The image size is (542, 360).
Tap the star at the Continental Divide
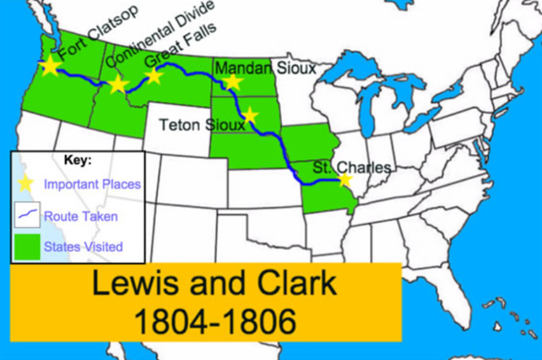118,84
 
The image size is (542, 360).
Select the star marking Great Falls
153,76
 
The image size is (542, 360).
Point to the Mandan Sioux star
232,82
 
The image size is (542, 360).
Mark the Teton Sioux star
249,115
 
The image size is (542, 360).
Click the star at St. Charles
344,180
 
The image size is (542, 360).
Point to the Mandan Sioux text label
263,67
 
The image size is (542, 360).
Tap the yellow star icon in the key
25,182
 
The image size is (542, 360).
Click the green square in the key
25,245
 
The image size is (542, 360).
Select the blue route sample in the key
25,214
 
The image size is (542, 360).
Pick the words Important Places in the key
92,183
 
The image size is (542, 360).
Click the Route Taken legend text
81,216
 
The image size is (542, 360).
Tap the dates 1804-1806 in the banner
203,321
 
